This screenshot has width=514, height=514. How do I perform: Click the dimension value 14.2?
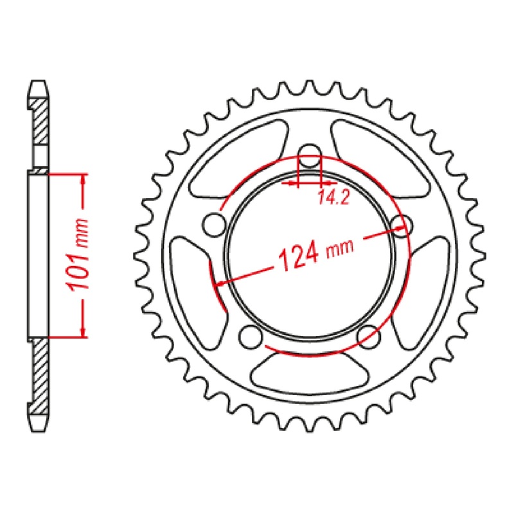[332, 199]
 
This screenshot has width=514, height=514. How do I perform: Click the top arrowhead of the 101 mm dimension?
[83, 181]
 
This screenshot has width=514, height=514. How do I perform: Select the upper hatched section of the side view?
[40, 122]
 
